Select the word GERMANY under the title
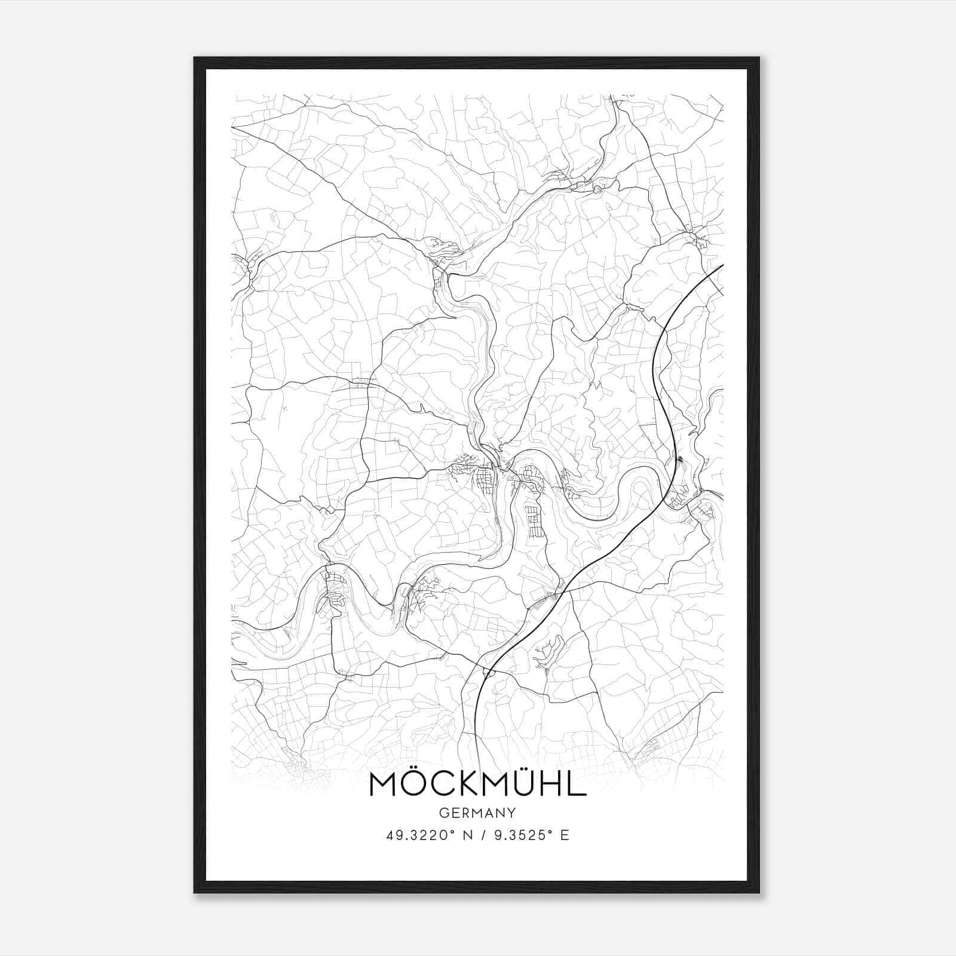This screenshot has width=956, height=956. tap(477, 813)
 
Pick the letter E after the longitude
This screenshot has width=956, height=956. tap(565, 835)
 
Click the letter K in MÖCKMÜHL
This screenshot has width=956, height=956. tap(464, 784)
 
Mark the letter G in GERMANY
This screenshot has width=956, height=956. tap(443, 813)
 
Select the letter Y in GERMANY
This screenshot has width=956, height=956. tap(512, 813)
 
